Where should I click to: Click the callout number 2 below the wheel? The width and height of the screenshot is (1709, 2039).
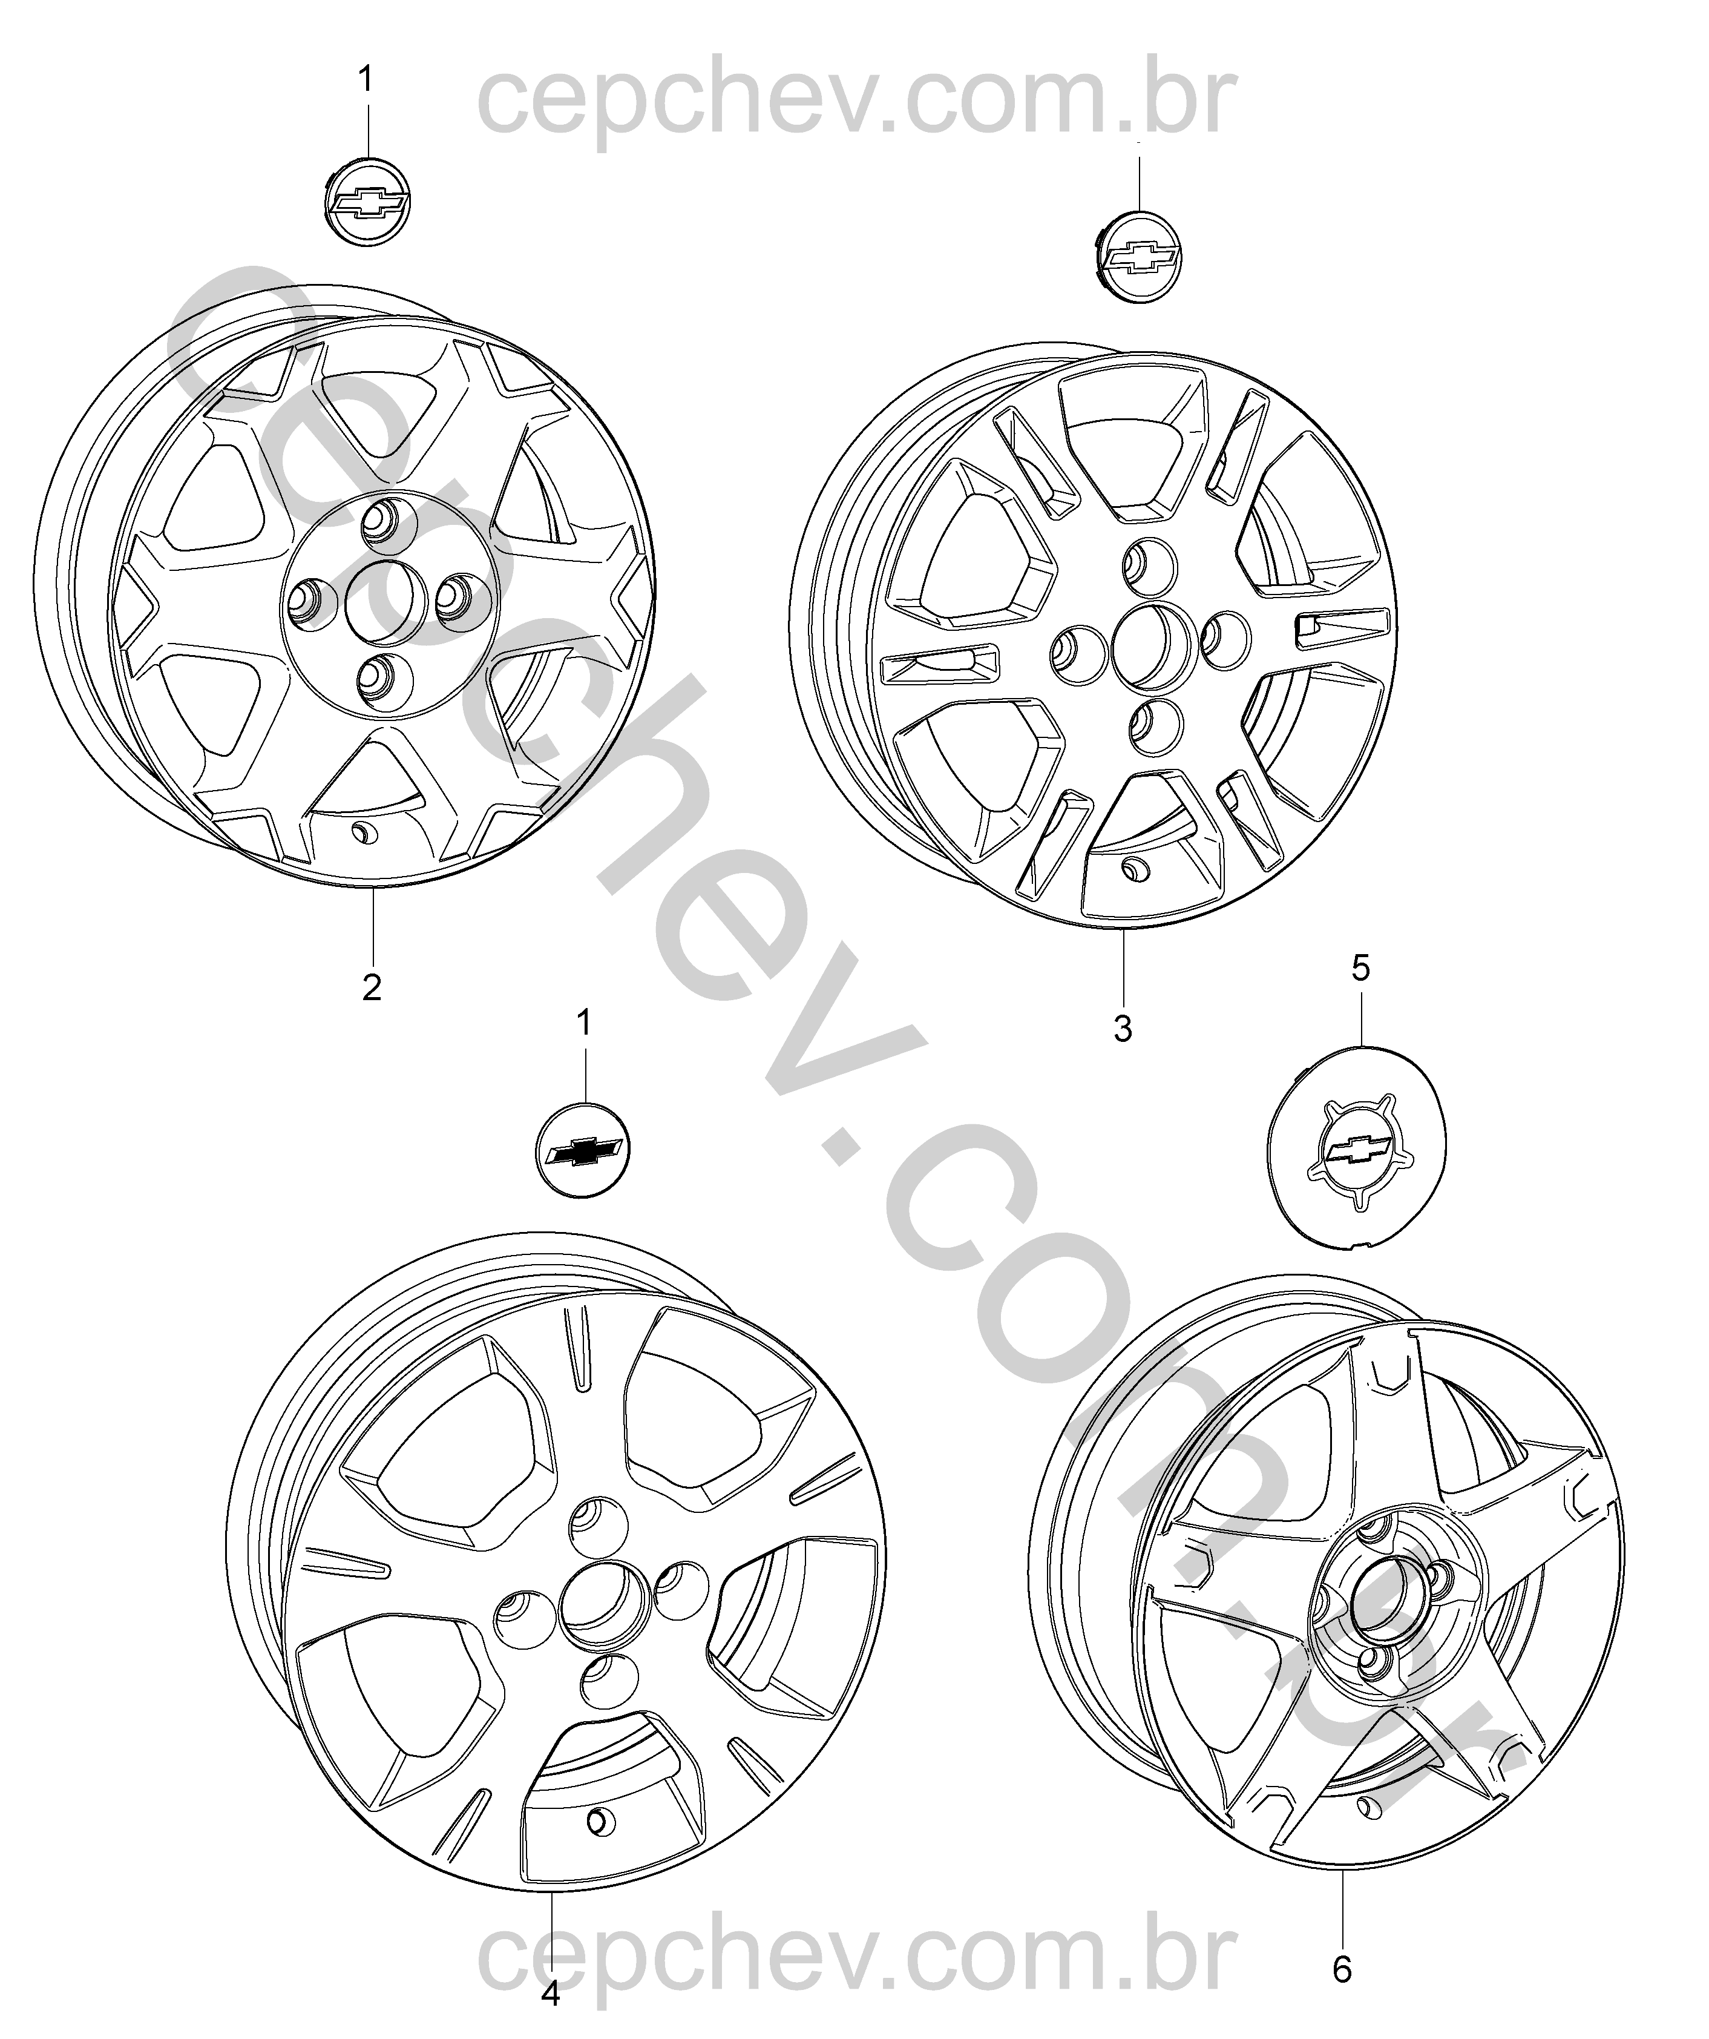click(372, 987)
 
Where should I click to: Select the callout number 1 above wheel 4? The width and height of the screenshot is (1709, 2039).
click(584, 1023)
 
